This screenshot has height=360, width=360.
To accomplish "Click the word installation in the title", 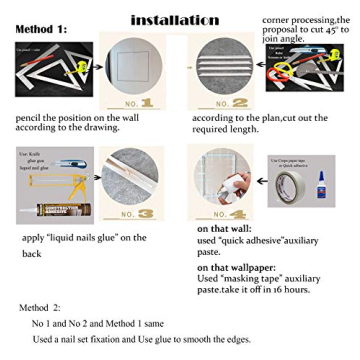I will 175,20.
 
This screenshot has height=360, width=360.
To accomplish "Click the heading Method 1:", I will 42,29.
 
